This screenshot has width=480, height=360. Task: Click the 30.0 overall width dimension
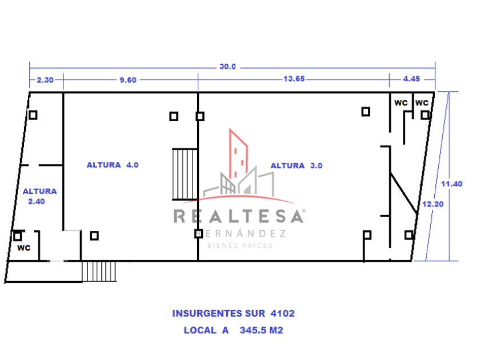227,66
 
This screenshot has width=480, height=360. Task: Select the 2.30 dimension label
45,80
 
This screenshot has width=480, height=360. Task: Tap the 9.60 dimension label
127,80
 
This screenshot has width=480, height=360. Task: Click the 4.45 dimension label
411,80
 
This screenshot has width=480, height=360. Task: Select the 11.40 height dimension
451,183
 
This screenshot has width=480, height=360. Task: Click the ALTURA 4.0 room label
113,165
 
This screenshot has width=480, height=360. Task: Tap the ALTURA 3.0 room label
297,166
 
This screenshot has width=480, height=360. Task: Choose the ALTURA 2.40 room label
39,196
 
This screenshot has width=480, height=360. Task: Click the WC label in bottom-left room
23,248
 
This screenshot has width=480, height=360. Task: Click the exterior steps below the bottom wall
99,271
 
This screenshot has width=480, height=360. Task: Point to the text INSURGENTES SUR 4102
233,313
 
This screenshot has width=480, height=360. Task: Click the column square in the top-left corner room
33,115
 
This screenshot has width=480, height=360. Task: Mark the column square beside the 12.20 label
409,235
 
